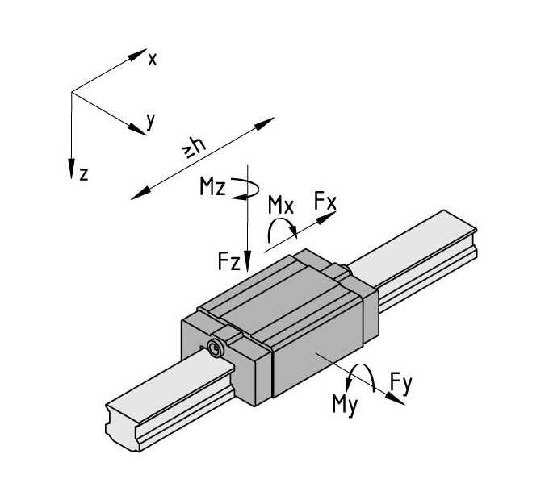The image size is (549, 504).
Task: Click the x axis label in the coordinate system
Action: click(153, 60)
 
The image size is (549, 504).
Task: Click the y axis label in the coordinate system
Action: click(150, 121)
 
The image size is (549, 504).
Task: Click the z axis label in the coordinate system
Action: click(84, 174)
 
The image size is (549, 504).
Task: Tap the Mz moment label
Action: click(212, 186)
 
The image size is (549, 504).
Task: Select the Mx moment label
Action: click(281, 205)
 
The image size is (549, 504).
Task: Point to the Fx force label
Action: click(325, 201)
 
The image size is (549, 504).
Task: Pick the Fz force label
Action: click(229, 261)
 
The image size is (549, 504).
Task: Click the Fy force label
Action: click(401, 384)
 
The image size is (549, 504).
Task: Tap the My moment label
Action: click(345, 405)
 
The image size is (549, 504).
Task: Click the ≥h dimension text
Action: click(194, 148)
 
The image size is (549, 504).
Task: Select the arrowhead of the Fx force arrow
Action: click(326, 217)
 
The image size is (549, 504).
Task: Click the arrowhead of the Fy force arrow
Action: click(395, 399)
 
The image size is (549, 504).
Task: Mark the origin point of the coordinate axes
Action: click(72, 93)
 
